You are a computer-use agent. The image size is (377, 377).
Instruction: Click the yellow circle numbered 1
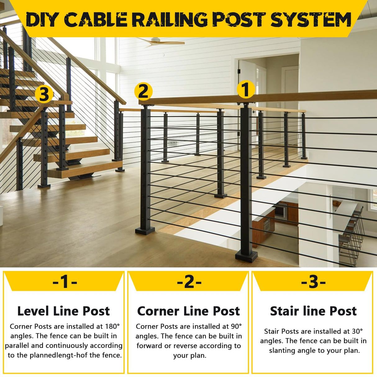tap(246, 89)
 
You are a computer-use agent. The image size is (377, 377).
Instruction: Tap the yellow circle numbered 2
tap(143, 92)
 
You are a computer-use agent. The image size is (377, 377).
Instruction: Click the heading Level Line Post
tap(64, 311)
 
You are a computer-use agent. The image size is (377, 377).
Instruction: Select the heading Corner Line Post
tap(188, 311)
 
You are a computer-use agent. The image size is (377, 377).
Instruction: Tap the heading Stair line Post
tap(313, 311)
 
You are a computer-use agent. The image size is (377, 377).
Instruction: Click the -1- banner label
tap(65, 282)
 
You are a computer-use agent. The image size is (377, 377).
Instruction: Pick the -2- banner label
tap(189, 282)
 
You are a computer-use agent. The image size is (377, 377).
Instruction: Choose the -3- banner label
tap(313, 282)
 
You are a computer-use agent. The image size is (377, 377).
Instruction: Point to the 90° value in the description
tap(236, 326)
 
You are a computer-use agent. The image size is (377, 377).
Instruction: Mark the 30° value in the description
tap(357, 331)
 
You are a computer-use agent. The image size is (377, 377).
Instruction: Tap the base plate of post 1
tap(246, 256)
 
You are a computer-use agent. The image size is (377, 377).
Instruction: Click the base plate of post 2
tap(145, 230)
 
